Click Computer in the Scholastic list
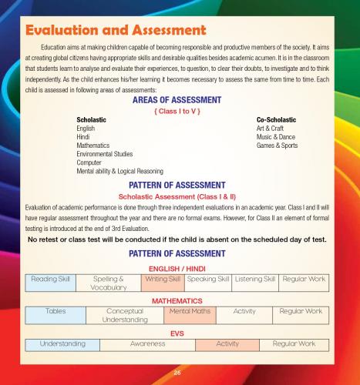(91, 162)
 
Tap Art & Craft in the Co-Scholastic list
(272, 129)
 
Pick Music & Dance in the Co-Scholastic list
(277, 137)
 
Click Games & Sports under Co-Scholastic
(278, 145)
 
